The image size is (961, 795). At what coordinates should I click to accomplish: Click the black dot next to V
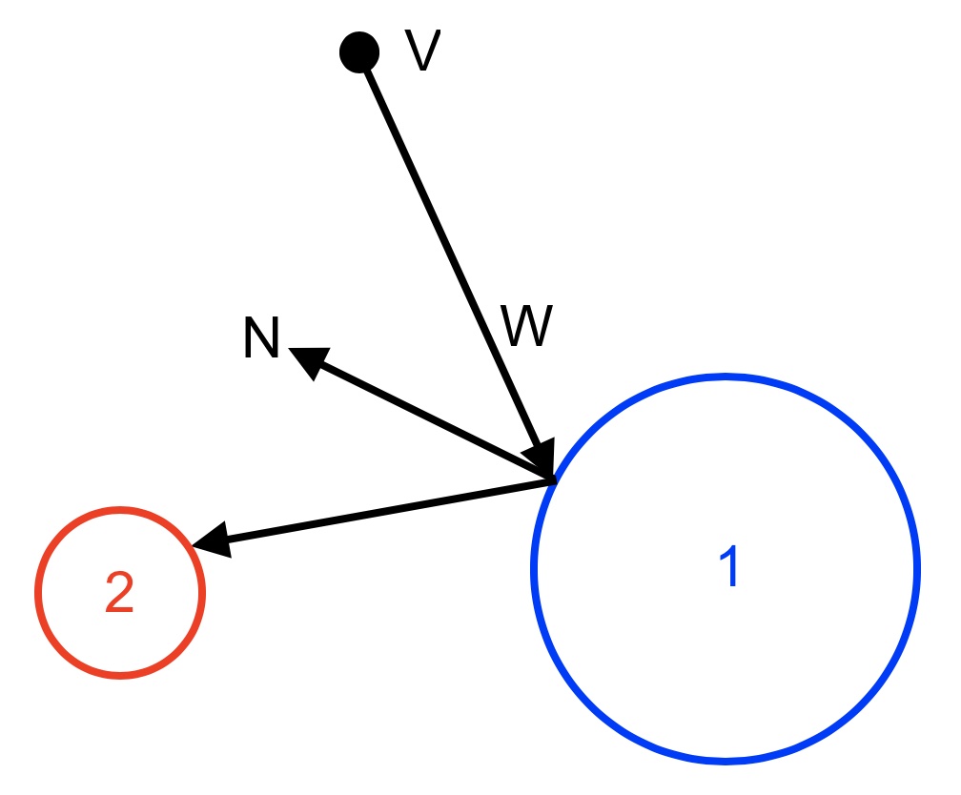(358, 51)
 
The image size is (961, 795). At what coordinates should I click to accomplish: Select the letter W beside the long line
(526, 328)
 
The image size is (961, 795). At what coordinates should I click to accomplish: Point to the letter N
(260, 339)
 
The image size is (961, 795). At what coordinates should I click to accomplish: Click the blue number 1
(728, 568)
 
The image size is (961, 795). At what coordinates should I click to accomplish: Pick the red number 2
(119, 594)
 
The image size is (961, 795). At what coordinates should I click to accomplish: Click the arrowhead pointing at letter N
(307, 359)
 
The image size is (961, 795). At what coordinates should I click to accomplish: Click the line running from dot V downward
(448, 248)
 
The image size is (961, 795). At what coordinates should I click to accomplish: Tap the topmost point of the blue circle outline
(726, 377)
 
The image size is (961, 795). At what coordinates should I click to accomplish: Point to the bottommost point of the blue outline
(726, 761)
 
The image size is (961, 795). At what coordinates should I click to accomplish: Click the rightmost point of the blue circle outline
(917, 569)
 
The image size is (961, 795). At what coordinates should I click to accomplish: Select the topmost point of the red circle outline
(120, 510)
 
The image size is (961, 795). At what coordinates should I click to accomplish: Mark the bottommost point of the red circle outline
(120, 676)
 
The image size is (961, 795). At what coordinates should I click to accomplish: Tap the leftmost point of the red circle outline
(38, 593)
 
